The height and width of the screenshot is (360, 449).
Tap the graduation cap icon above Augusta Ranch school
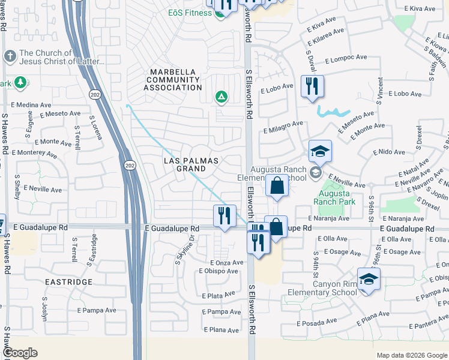[321, 151]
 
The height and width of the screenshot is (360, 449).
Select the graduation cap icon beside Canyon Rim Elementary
[368, 278]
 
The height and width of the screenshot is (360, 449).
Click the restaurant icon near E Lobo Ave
[312, 86]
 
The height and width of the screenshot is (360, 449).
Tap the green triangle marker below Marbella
[221, 96]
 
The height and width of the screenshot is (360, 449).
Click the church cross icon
[9, 56]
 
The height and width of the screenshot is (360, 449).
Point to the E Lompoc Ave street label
[346, 58]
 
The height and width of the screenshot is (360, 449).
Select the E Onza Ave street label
[227, 262]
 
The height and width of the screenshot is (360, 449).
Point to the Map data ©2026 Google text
[411, 355]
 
